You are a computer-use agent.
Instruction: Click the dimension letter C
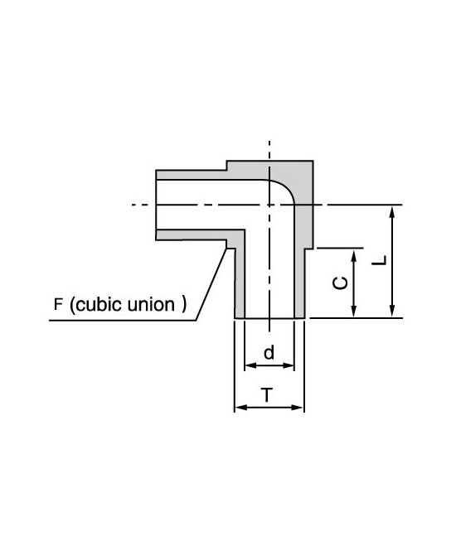[x=340, y=283]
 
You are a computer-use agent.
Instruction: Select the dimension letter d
[x=269, y=352]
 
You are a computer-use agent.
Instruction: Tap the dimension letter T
[x=268, y=395]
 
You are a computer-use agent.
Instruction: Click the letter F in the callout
[x=58, y=304]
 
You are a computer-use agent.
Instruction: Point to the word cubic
[x=100, y=304]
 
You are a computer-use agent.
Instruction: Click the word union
[x=151, y=304]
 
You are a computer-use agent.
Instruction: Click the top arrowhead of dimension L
[x=392, y=211]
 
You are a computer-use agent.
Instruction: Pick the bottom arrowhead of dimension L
[x=392, y=312]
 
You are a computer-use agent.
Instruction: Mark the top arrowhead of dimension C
[x=354, y=255]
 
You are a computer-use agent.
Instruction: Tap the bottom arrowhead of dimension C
[x=354, y=312]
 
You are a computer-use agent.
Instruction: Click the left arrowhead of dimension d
[x=250, y=365]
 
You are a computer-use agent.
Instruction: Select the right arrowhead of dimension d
[x=289, y=365]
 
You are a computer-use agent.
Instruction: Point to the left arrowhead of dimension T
[x=240, y=407]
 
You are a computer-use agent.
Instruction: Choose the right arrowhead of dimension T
[x=298, y=407]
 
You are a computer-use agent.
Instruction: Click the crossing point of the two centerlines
[x=269, y=205]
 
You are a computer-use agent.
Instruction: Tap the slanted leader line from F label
[x=211, y=284]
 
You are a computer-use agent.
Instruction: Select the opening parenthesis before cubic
[x=72, y=305]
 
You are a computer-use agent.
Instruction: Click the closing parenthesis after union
[x=183, y=305]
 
